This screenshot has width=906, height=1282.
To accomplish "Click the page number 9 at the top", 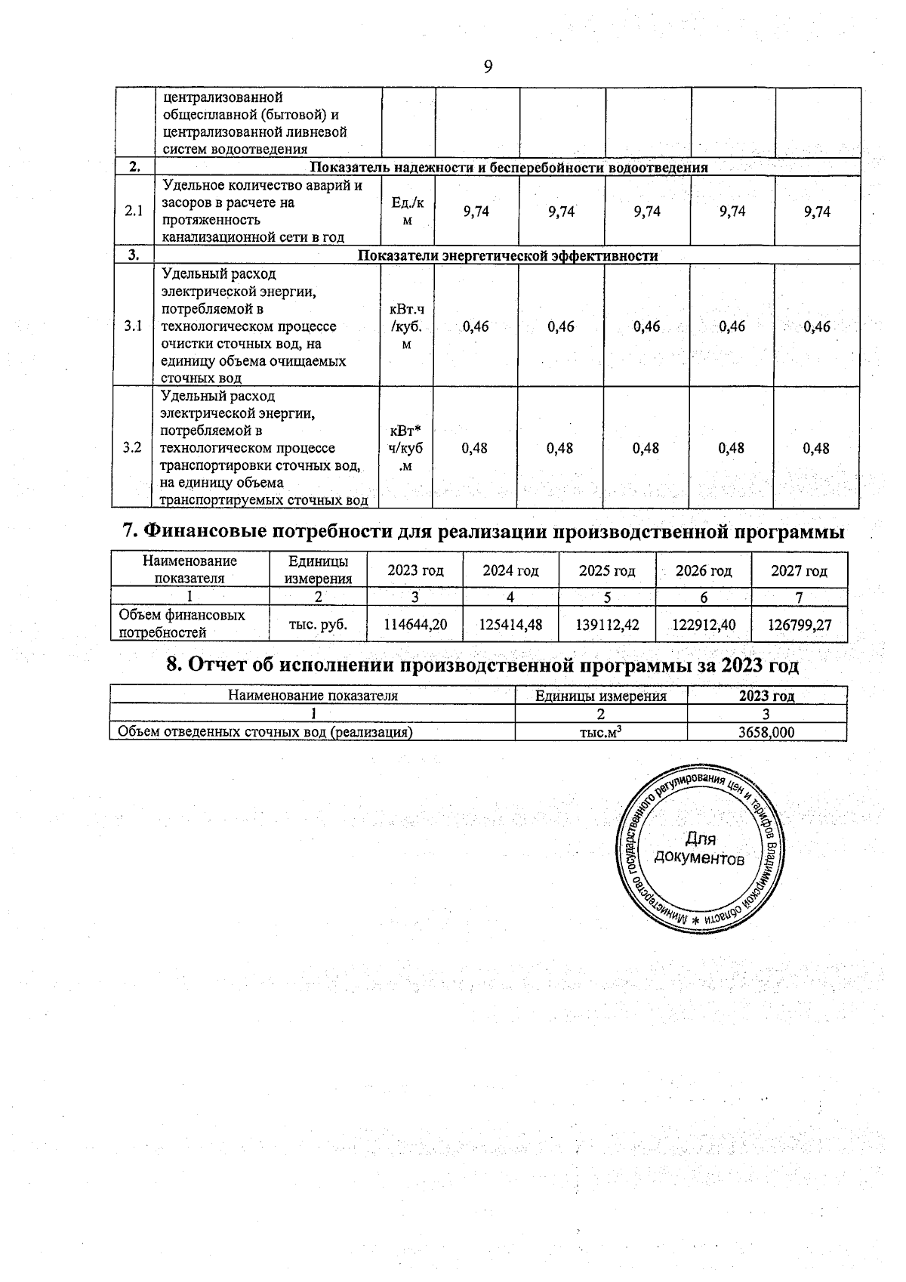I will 488,67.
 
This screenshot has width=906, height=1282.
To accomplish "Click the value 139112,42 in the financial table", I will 607,625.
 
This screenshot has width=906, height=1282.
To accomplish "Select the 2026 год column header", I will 703,571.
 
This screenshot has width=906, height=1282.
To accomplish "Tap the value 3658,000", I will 766,732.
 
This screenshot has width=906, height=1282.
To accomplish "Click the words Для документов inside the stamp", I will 699,848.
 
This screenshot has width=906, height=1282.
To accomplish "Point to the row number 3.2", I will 133,448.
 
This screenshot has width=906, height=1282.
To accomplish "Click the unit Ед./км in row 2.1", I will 408,212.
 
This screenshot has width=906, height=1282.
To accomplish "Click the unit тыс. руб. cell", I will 319,625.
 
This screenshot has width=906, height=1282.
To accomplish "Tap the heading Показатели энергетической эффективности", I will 507,255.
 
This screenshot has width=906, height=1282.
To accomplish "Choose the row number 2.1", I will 134,212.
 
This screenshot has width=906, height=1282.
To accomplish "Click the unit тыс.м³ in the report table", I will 601,732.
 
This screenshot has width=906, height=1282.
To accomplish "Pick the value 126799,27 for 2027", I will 800,625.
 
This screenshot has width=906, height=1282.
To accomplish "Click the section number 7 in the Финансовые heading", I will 128,532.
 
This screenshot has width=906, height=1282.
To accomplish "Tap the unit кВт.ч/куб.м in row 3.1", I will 408,327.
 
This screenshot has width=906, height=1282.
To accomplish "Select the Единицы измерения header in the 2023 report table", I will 601,696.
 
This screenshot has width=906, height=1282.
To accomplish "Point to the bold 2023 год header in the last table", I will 766,696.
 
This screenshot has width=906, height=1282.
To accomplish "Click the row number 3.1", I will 133,326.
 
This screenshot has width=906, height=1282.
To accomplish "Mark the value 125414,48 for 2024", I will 511,625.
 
